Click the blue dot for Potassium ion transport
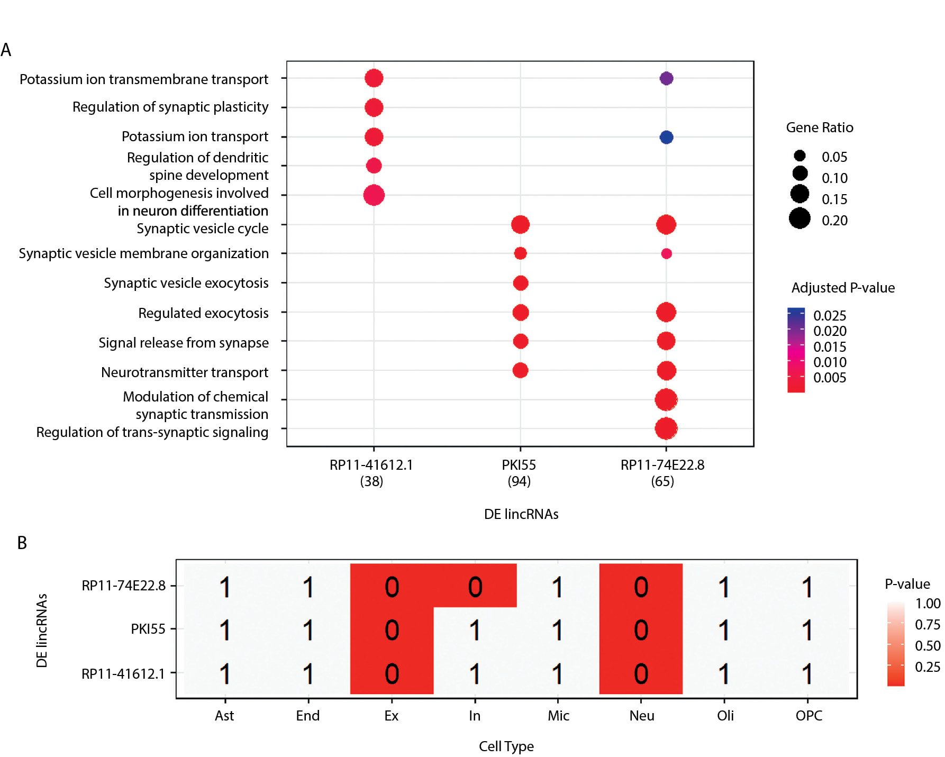[x=666, y=138]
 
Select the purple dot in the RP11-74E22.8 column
[x=666, y=78]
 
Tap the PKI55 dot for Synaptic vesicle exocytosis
[x=520, y=283]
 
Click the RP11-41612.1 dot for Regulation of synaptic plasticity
[x=374, y=107]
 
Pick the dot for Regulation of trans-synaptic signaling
[x=666, y=428]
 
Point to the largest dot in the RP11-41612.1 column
[x=374, y=195]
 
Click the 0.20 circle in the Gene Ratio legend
[x=799, y=218]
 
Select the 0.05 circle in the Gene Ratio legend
[x=799, y=156]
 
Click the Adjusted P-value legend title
[x=843, y=288]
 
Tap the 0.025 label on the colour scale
[x=830, y=316]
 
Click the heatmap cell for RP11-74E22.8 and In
[x=475, y=586]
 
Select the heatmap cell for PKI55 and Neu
[x=641, y=630]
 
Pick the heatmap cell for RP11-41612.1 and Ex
[x=392, y=673]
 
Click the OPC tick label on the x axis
[x=808, y=716]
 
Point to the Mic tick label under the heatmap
[x=558, y=716]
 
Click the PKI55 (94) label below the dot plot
[x=519, y=473]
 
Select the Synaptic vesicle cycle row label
[x=202, y=229]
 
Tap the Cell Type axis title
[x=506, y=746]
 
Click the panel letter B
[x=22, y=543]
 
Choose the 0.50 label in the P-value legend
[x=928, y=646]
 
